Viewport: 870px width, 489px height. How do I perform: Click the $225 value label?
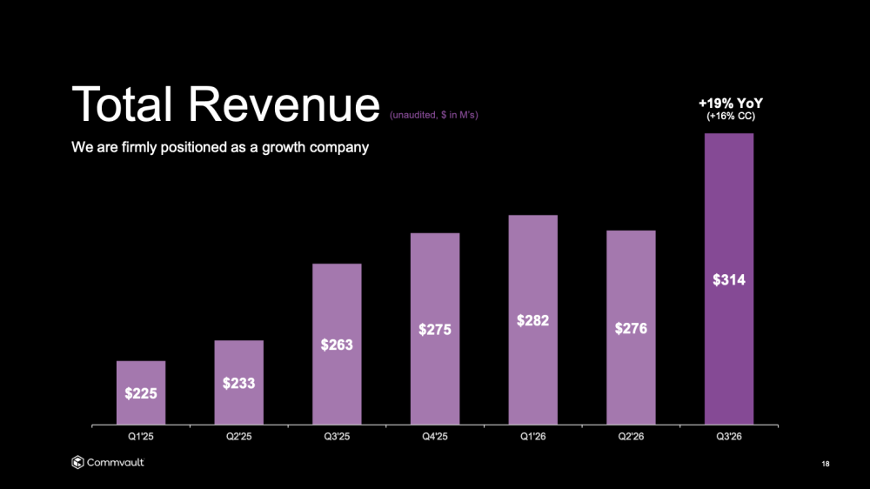(141, 393)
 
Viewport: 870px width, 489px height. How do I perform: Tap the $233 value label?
(238, 382)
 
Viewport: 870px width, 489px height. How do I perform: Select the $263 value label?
(337, 345)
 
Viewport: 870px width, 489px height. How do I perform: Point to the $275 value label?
(435, 330)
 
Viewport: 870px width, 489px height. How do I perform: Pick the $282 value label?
(532, 320)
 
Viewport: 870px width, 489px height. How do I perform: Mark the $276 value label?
(631, 328)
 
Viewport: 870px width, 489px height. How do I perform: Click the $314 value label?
(729, 280)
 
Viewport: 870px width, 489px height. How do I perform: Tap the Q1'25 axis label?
(141, 436)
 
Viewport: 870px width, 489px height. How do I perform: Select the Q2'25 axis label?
(238, 436)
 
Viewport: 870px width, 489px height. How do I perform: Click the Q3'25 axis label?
(337, 436)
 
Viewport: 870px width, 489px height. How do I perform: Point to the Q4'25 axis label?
(435, 436)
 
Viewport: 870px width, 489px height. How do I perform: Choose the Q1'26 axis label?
(532, 436)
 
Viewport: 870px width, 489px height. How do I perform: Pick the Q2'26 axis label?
(631, 436)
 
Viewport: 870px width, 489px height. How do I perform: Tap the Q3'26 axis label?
(729, 436)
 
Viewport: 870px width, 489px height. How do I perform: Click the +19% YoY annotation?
(731, 104)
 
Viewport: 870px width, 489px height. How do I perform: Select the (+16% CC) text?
(731, 117)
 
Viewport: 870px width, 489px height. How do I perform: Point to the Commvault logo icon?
(77, 462)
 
